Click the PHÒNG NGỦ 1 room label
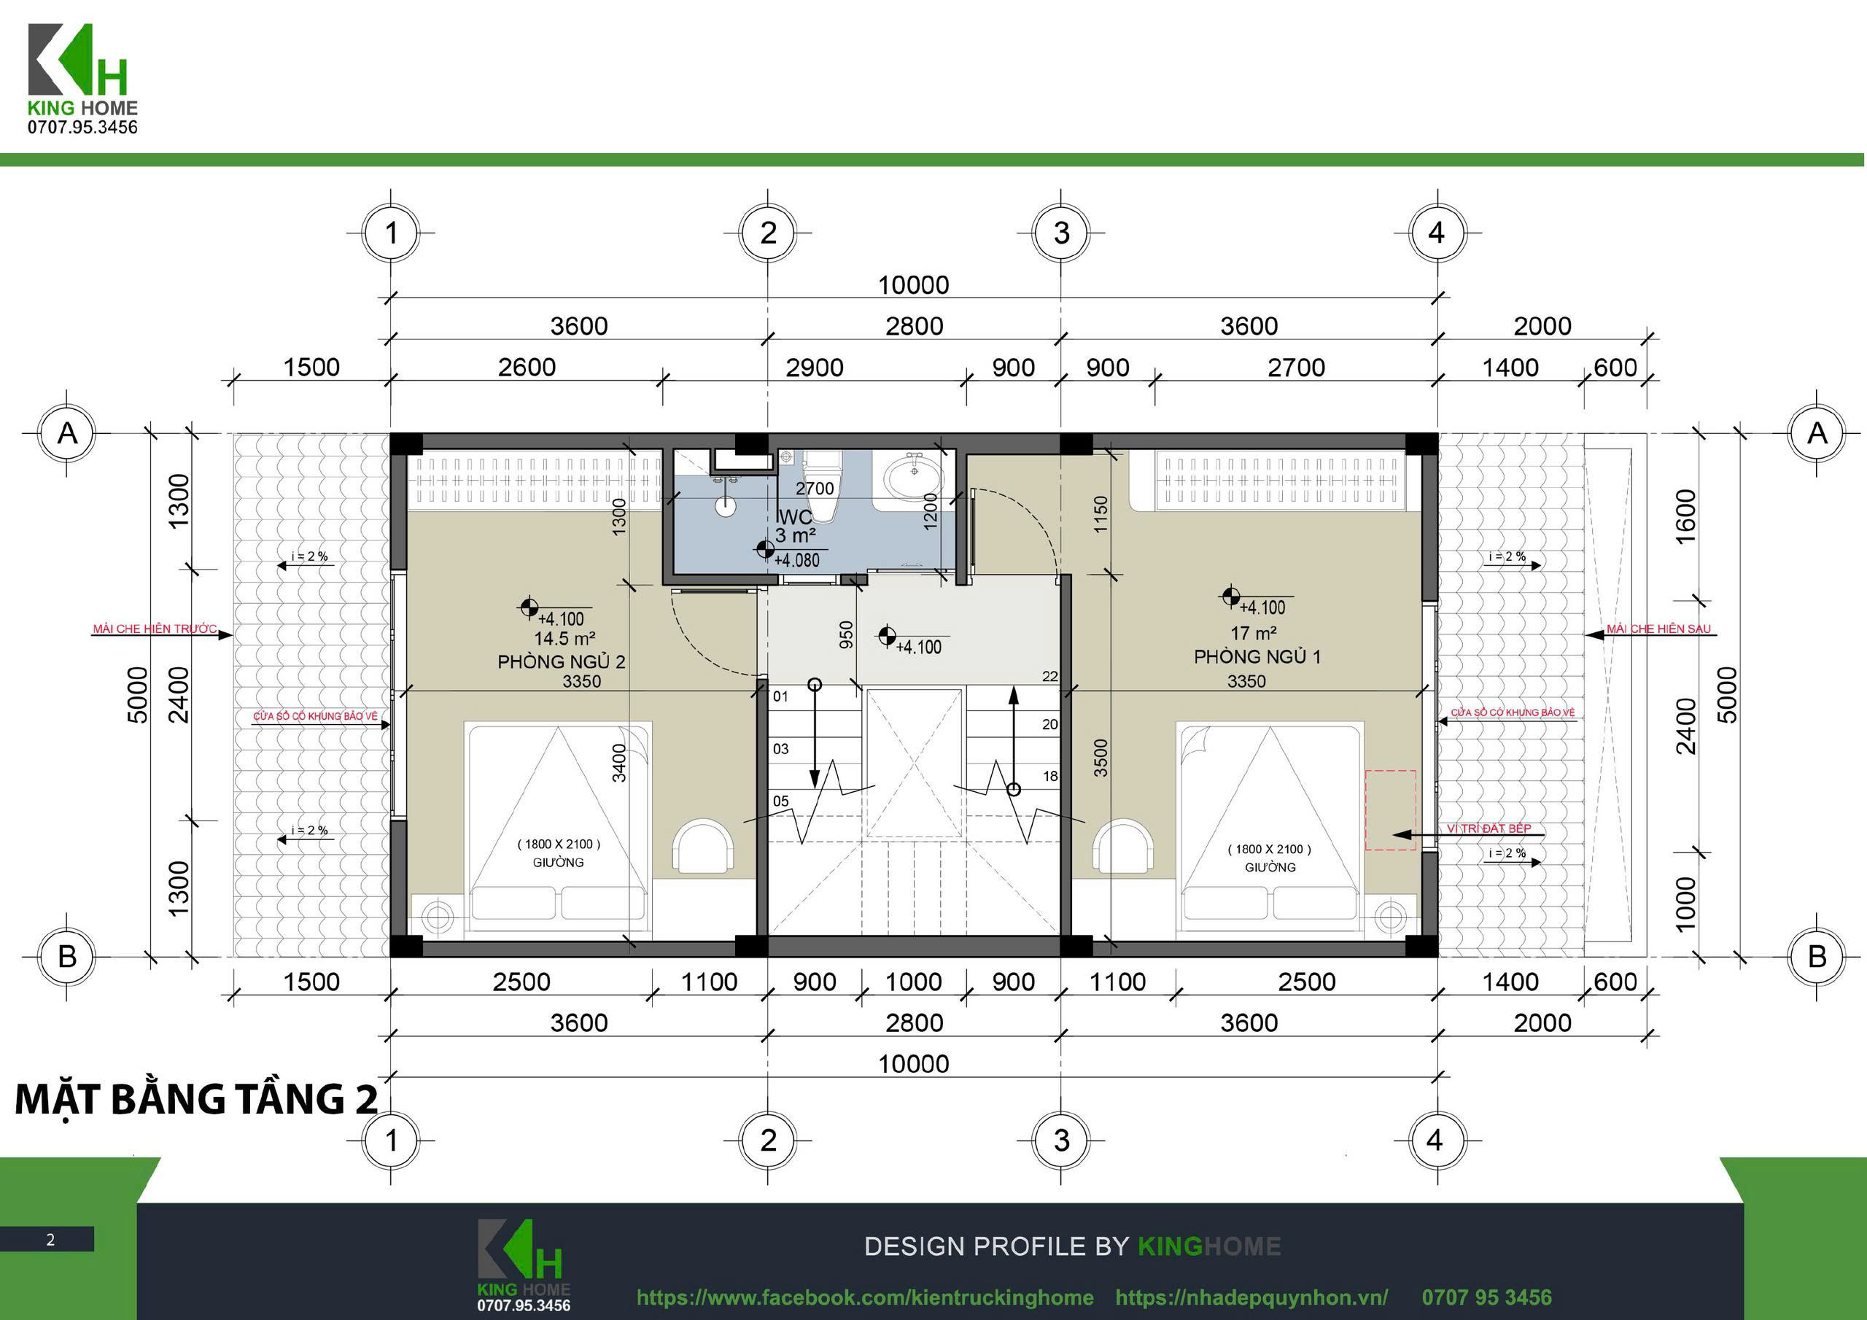click(x=1257, y=656)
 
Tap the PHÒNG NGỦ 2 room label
click(x=561, y=661)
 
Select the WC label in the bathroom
click(x=794, y=517)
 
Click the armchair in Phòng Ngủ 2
click(x=703, y=847)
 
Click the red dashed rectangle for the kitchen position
click(x=1391, y=810)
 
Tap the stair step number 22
click(x=1049, y=676)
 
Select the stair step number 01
click(x=780, y=696)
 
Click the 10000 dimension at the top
click(x=913, y=284)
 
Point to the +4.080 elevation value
click(x=796, y=560)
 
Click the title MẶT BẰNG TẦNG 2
click(x=197, y=1099)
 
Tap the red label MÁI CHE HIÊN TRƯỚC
click(x=155, y=629)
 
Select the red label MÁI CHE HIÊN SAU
click(x=1659, y=629)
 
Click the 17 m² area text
click(x=1253, y=632)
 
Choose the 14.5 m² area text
click(x=564, y=638)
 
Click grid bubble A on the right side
click(x=1817, y=433)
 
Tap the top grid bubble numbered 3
click(x=1061, y=233)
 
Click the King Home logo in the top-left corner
click(x=83, y=79)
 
